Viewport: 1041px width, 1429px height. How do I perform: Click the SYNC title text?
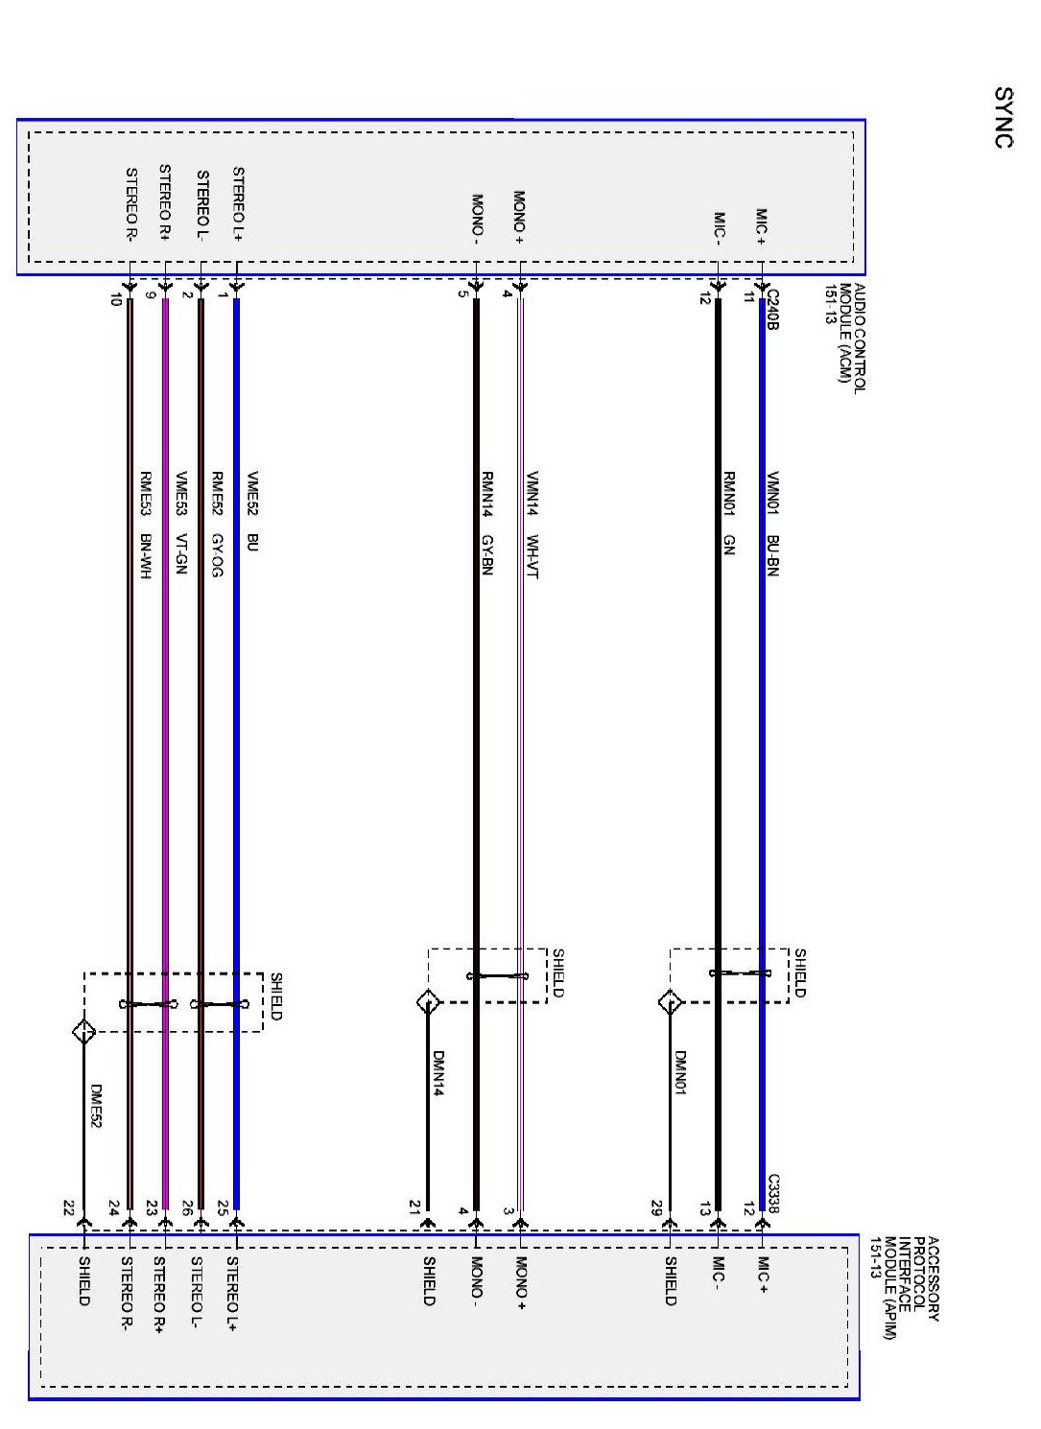[1004, 118]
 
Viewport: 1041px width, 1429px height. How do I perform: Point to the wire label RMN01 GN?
[729, 513]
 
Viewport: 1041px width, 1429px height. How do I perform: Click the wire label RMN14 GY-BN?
[487, 523]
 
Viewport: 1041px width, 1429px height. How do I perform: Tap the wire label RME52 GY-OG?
[217, 524]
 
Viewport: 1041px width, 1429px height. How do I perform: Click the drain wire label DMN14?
[438, 1073]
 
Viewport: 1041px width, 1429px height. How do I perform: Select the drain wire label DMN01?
[680, 1073]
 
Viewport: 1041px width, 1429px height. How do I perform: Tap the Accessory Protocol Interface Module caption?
[903, 1286]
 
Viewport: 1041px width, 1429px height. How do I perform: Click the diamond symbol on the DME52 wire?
[84, 1032]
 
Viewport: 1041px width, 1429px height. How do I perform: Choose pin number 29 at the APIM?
[656, 1206]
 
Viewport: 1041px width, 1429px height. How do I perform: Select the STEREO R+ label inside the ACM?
[164, 202]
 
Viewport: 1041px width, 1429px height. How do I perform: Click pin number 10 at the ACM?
[115, 299]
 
